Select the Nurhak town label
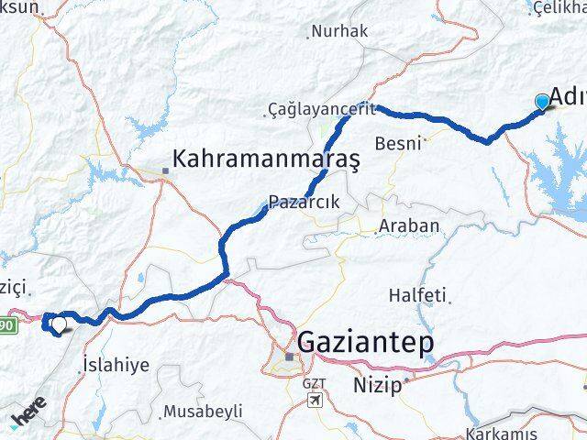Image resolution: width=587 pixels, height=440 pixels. click(x=339, y=31)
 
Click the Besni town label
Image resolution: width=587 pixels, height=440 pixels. click(x=398, y=143)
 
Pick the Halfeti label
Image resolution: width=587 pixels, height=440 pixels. click(x=417, y=295)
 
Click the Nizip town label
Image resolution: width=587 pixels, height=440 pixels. click(x=378, y=385)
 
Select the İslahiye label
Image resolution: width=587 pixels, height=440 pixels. click(x=116, y=364)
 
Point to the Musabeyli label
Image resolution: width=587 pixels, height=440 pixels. click(x=203, y=412)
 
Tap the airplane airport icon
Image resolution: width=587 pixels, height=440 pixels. click(x=315, y=401)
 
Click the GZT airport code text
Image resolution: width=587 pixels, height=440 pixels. click(x=315, y=383)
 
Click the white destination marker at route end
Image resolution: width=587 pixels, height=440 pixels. click(x=60, y=324)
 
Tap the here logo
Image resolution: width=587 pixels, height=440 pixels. click(x=28, y=417)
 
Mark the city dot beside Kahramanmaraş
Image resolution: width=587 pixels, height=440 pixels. click(x=166, y=170)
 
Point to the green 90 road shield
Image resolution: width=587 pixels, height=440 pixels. click(x=6, y=324)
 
